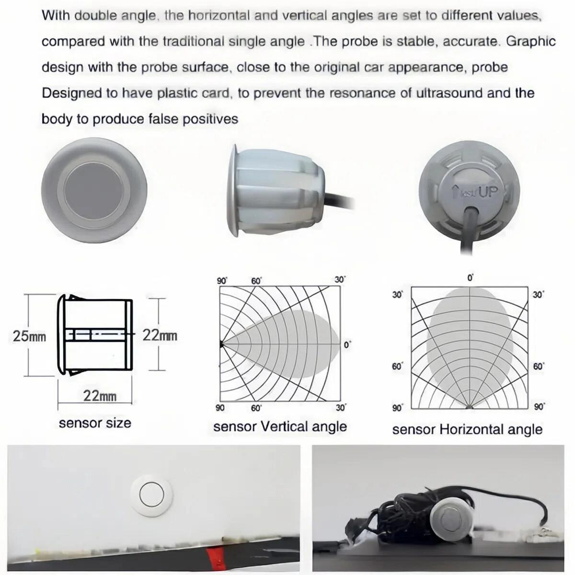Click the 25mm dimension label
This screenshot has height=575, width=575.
(x=29, y=336)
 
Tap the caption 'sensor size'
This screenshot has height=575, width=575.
(x=95, y=423)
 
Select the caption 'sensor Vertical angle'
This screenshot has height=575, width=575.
(x=280, y=426)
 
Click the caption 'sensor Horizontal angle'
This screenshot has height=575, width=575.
(x=467, y=430)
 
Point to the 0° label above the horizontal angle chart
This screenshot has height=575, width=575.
(x=471, y=278)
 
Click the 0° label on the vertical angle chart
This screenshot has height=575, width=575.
(x=347, y=345)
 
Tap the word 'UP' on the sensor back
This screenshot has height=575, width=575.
(x=488, y=193)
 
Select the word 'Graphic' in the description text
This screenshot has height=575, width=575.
(x=531, y=42)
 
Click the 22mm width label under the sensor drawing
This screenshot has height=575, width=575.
(x=100, y=396)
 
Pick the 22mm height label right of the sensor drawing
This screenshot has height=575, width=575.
(x=160, y=336)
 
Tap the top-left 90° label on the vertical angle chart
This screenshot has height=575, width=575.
(x=222, y=281)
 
